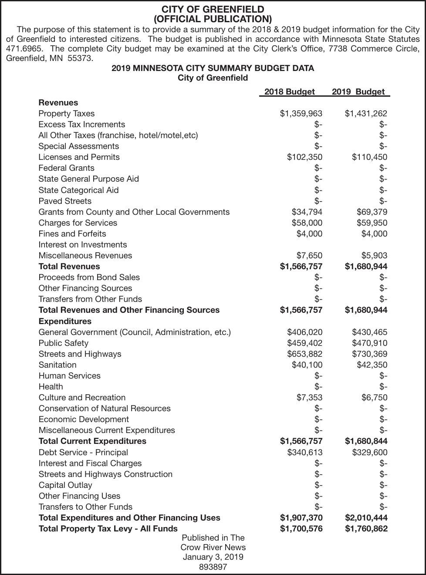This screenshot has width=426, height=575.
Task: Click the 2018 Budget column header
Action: coord(289,91)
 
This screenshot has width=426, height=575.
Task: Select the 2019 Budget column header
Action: coord(358,91)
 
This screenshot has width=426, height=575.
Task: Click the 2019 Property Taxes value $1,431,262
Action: coord(365,114)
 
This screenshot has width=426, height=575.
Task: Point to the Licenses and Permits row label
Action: coord(79,157)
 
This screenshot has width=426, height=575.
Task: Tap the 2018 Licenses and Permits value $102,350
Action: coord(304,157)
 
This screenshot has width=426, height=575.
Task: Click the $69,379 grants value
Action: coord(370,212)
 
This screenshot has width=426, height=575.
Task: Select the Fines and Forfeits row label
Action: coord(72,233)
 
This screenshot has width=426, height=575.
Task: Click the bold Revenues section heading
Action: coord(58,103)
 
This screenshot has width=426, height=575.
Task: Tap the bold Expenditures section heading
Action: coord(65,321)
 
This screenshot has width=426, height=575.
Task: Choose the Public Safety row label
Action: coord(63,343)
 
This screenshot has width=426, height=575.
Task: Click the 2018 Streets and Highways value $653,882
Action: coord(304,354)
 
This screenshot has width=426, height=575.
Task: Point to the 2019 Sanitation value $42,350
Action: coord(372,365)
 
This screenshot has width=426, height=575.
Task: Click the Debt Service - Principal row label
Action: coord(83,452)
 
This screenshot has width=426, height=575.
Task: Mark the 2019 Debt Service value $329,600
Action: coord(369,452)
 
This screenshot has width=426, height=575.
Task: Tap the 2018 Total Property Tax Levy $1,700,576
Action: coord(301,528)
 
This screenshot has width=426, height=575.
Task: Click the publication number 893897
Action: coord(213,567)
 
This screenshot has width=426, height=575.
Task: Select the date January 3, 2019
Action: coord(213,557)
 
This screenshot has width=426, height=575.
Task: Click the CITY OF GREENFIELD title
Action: coord(213,9)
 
